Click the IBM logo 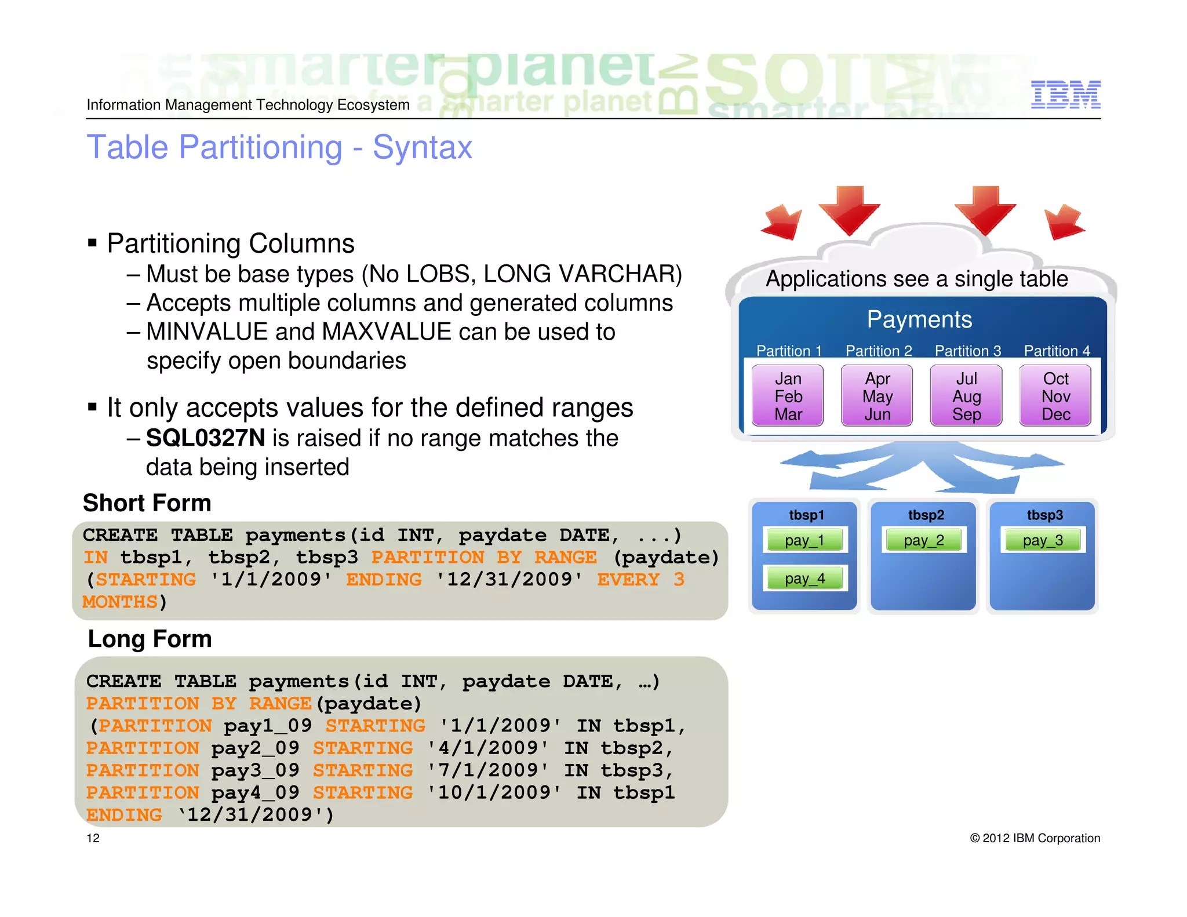click(x=1065, y=94)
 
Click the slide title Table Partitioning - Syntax click(x=279, y=147)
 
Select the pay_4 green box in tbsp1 click(x=804, y=578)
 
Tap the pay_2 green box click(x=924, y=540)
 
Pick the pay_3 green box click(x=1043, y=540)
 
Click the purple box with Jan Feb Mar click(x=788, y=396)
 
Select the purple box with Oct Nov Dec click(x=1055, y=396)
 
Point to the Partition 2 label click(x=879, y=351)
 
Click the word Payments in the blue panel click(x=919, y=319)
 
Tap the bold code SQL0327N click(x=205, y=438)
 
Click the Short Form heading click(x=147, y=503)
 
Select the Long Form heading click(x=150, y=639)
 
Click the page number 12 click(x=93, y=838)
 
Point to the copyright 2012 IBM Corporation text click(x=1035, y=838)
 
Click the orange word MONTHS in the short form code click(x=120, y=602)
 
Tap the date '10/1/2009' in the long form click(x=494, y=792)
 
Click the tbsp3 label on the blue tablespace click(x=1044, y=515)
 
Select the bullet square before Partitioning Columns click(x=92, y=242)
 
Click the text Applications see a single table click(x=916, y=279)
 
